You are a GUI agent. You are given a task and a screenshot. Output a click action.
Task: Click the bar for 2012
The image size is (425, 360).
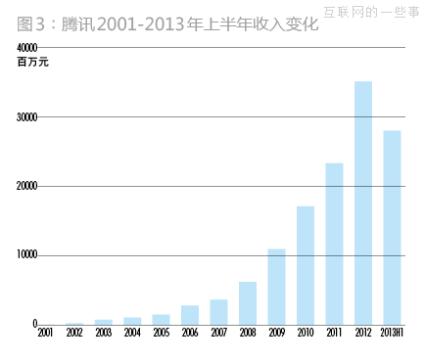(363, 202)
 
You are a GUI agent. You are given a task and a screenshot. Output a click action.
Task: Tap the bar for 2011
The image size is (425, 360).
(335, 244)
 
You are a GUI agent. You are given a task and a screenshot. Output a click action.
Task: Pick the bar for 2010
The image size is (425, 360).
(306, 265)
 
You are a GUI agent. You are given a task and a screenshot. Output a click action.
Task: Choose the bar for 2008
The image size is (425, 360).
(248, 303)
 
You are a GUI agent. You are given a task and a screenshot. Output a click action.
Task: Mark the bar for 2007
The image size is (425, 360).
(219, 312)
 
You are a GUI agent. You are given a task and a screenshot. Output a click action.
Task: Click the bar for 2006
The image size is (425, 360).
(190, 315)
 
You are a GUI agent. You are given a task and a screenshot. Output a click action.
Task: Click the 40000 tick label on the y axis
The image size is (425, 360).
(27, 48)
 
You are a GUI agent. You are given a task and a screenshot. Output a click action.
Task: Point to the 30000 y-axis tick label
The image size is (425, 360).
(27, 117)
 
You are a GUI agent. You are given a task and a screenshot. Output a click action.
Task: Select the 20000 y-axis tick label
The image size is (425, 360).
(27, 186)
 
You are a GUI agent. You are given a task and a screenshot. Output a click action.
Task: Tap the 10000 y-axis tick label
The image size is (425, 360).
(27, 255)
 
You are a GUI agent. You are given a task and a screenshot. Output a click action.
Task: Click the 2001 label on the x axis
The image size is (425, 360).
(46, 334)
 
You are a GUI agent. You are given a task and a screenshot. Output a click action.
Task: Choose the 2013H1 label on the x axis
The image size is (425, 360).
(392, 334)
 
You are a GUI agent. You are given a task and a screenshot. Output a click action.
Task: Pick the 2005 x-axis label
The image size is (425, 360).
(162, 334)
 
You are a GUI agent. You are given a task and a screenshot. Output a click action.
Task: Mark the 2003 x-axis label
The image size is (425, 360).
(104, 334)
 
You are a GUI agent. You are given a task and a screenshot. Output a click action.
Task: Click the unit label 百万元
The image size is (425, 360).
(32, 63)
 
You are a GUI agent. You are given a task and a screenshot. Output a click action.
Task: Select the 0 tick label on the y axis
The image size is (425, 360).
(34, 324)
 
